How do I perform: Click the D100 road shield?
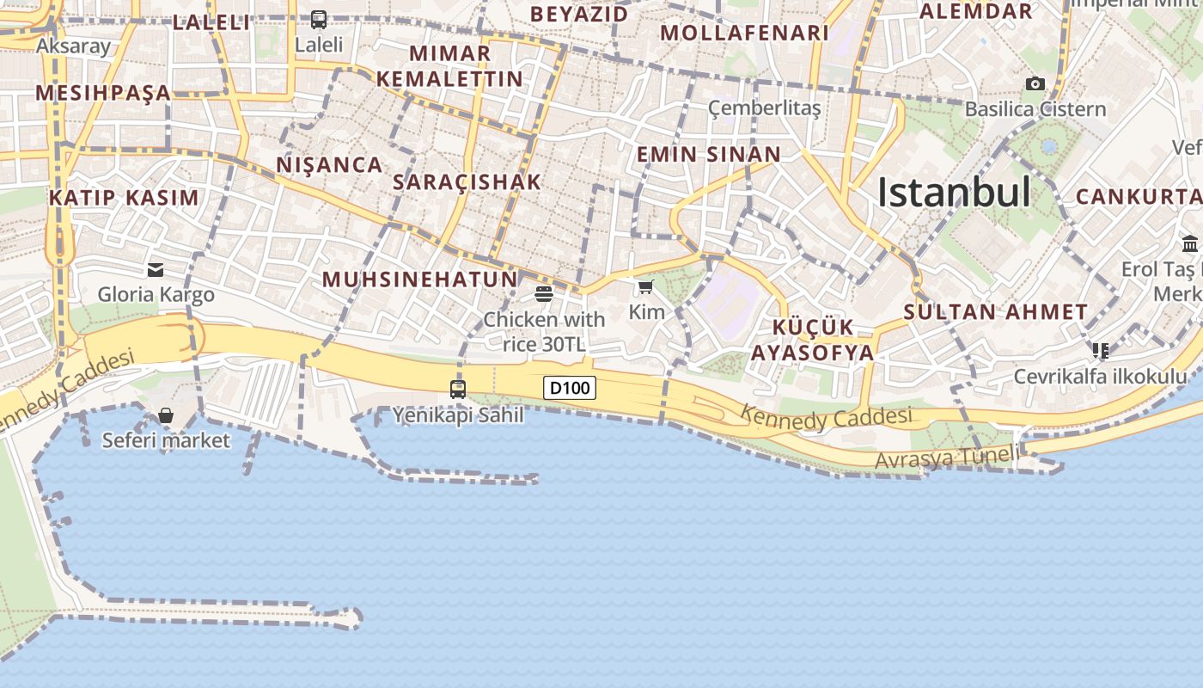(x=570, y=388)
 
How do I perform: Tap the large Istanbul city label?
(x=954, y=192)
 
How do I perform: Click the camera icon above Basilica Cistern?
(x=1035, y=83)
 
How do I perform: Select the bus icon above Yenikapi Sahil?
(x=458, y=389)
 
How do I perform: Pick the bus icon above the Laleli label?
(x=319, y=19)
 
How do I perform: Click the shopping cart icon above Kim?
(x=646, y=286)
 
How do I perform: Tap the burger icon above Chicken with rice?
(x=543, y=294)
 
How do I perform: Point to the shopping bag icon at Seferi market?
(x=166, y=416)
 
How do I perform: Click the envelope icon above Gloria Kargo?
(x=156, y=270)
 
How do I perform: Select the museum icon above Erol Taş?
(x=1190, y=243)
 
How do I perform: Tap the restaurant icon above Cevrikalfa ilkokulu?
(x=1100, y=350)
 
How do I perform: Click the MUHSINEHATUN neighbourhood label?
(x=420, y=279)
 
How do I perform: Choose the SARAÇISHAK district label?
(x=467, y=181)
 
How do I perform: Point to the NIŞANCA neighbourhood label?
(x=329, y=164)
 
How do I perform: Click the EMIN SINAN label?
(x=708, y=155)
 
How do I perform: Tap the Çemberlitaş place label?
(x=764, y=108)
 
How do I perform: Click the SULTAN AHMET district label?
(x=995, y=311)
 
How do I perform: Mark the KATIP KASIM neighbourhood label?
(x=124, y=197)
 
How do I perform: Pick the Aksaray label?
(x=74, y=46)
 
